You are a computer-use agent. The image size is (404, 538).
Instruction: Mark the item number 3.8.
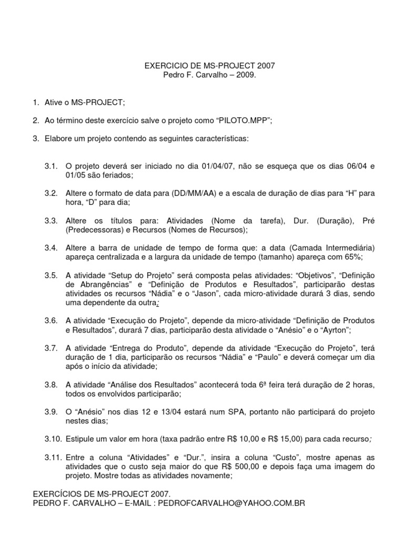click(x=51, y=385)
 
